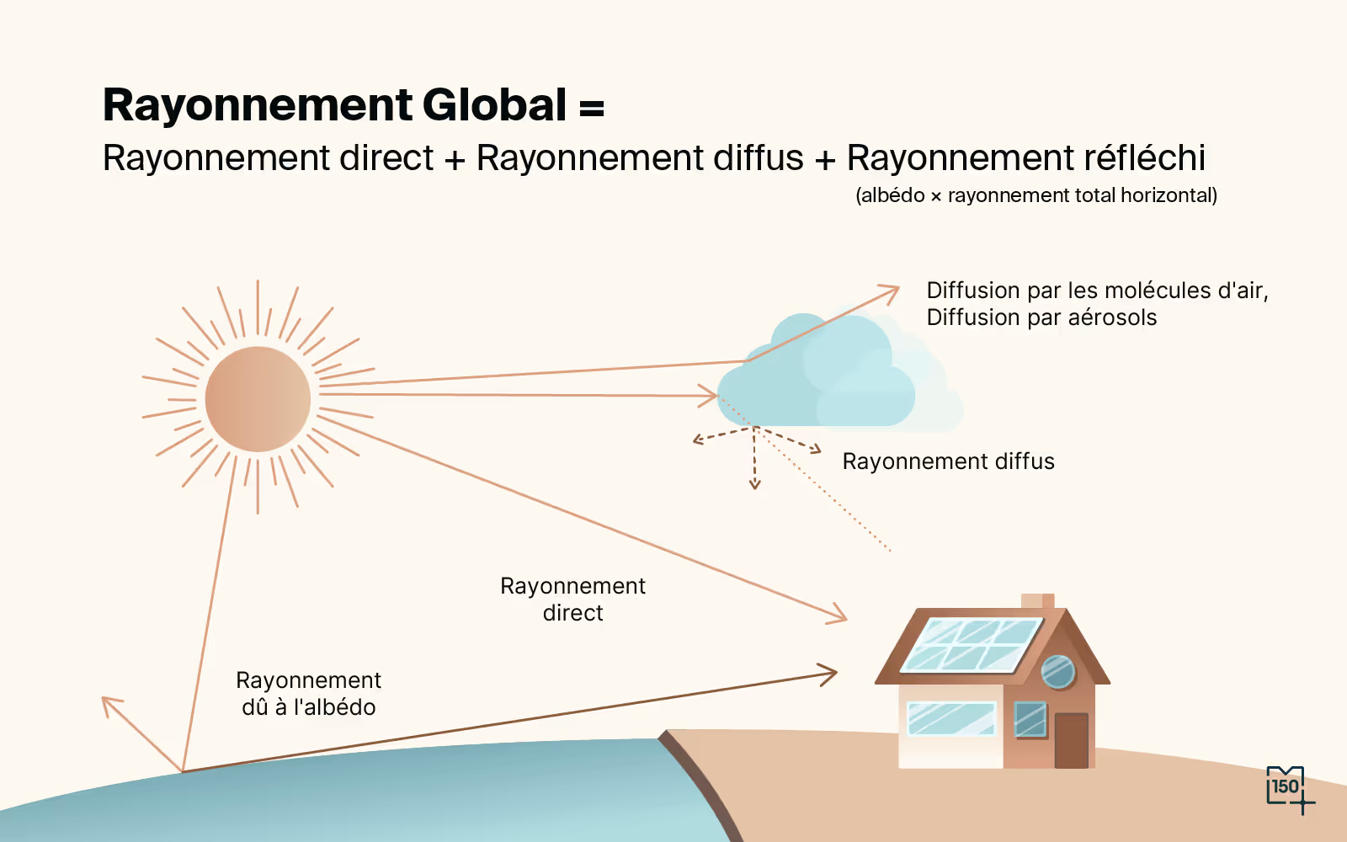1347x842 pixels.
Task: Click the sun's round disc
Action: tap(258, 399)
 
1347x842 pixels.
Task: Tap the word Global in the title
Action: tap(494, 105)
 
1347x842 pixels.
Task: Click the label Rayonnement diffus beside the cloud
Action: tap(948, 461)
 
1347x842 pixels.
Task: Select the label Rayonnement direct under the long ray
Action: tap(572, 600)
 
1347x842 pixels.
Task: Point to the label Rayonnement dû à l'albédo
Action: tap(308, 694)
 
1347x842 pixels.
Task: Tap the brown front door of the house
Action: tap(1071, 740)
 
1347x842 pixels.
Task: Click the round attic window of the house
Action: tap(1058, 672)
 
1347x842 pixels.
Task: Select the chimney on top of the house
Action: tap(1037, 601)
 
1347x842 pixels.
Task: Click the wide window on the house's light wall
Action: tap(951, 719)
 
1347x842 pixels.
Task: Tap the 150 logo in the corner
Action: tap(1286, 787)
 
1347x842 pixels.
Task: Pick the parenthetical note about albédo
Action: tap(1036, 195)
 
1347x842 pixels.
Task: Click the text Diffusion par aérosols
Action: tap(1041, 317)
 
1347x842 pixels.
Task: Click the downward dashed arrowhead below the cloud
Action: tap(754, 484)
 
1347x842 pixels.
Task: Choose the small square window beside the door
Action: tap(1030, 720)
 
